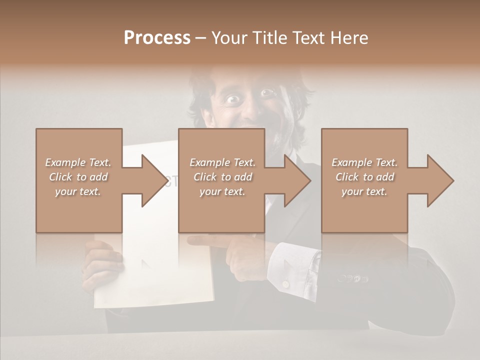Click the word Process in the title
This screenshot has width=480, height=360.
157,38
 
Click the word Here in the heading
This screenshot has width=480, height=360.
349,38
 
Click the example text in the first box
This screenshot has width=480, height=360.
78,177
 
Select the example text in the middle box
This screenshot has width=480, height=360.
222,177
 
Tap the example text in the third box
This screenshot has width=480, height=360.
364,177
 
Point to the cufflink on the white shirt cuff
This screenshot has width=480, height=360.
285,284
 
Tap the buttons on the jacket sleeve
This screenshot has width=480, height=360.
352,277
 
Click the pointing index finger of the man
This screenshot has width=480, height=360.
205,241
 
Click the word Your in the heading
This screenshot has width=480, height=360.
229,38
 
